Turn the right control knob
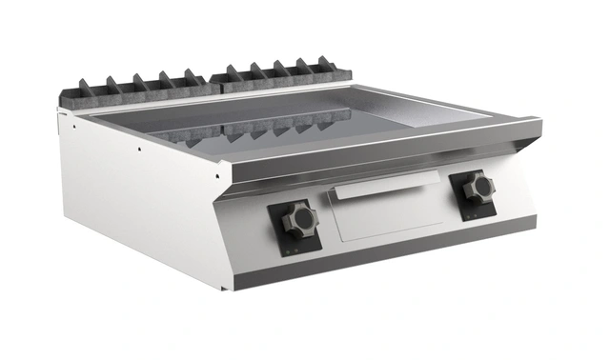[478, 187]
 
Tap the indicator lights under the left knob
[291, 248]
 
